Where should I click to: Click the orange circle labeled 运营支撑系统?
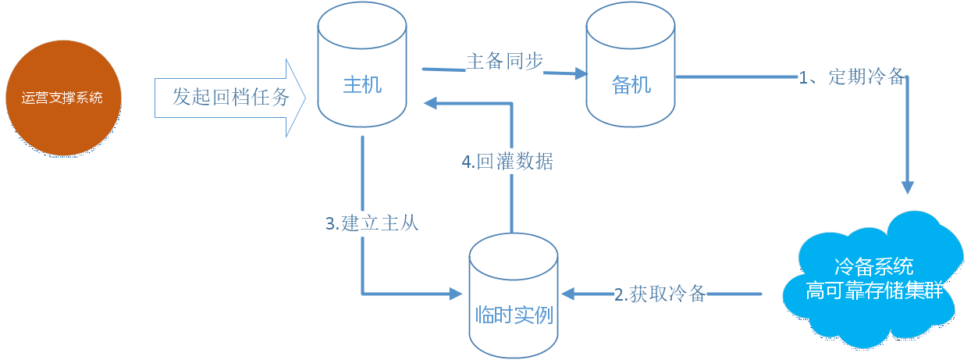point(63,98)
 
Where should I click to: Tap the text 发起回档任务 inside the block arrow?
point(230,97)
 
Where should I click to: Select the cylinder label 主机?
point(362,84)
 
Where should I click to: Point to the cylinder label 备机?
point(631,85)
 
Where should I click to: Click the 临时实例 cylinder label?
point(514,315)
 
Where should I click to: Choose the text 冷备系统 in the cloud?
point(874,266)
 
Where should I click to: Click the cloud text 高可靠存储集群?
point(874,290)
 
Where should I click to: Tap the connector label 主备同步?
point(504,61)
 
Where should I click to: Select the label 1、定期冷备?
point(852,77)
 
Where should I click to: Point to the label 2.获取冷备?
point(660,294)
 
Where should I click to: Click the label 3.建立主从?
point(372,223)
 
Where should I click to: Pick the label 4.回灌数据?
point(507,162)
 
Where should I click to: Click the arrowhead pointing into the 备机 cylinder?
point(581,73)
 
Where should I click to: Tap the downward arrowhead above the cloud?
point(908,187)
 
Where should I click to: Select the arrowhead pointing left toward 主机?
point(430,103)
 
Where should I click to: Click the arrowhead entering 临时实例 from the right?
point(568,294)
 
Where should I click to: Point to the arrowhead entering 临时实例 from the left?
point(456,294)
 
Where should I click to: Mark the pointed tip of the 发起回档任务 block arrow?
point(306,98)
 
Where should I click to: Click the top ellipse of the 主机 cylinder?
point(362,25)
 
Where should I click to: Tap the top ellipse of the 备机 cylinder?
point(631,25)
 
